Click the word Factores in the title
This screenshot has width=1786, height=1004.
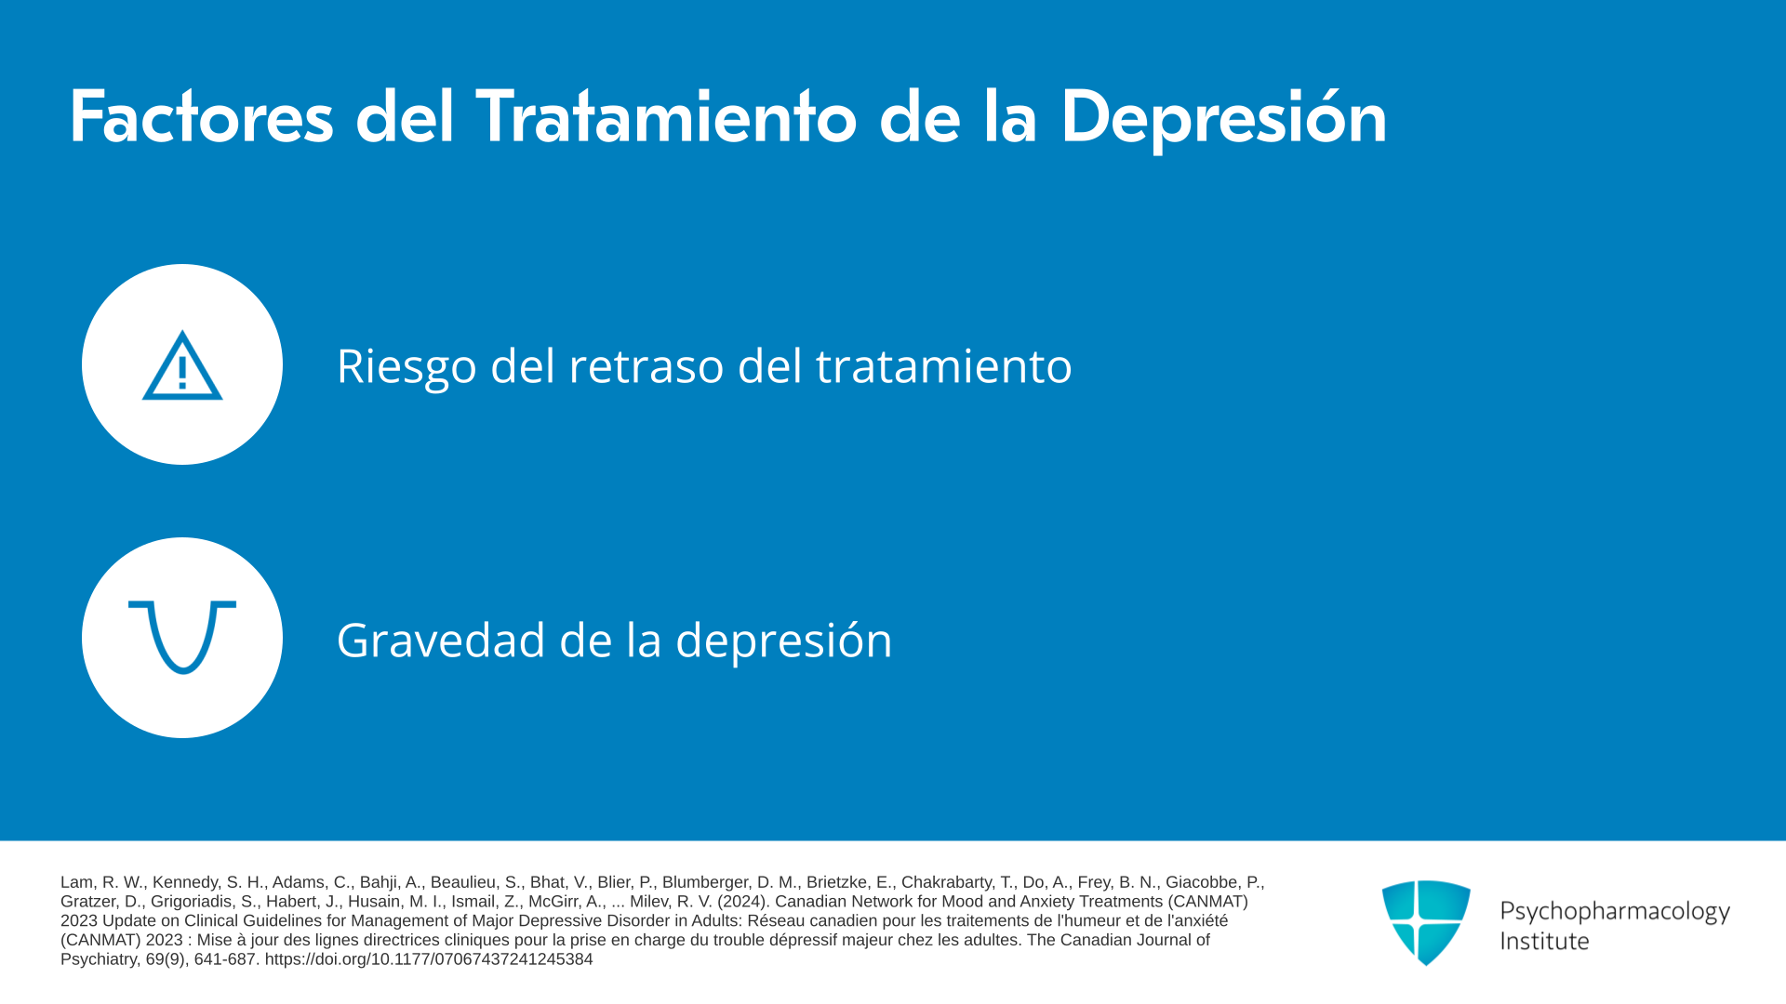(x=201, y=117)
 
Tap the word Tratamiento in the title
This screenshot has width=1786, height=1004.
(x=666, y=117)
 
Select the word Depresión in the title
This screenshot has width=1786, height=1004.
(x=1223, y=119)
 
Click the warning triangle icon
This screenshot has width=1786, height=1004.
(x=182, y=365)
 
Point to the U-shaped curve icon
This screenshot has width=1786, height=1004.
(x=182, y=637)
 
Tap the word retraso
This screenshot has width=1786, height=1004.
(x=646, y=366)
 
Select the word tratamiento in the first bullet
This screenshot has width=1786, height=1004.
(x=943, y=366)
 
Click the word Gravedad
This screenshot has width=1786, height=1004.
(x=441, y=641)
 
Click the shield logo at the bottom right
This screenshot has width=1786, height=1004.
(x=1426, y=922)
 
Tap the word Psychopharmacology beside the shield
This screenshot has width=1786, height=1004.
(x=1615, y=912)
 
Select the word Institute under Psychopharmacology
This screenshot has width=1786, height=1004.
(x=1544, y=942)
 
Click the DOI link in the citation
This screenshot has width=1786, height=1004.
(x=429, y=959)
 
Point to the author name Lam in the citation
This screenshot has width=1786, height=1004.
(x=77, y=882)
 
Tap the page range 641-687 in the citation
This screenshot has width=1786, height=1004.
(x=225, y=959)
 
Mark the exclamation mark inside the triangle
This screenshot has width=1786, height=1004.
(x=182, y=372)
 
